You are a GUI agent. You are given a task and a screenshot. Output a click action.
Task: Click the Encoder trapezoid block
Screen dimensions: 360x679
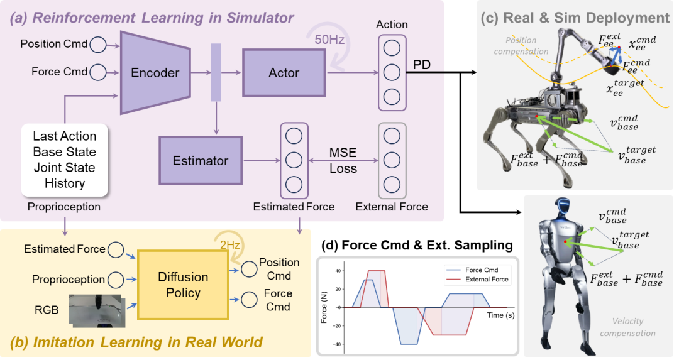(x=155, y=73)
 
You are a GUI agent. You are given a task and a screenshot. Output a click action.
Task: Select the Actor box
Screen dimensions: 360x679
(x=284, y=73)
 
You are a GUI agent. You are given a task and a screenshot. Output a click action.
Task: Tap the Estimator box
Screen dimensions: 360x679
(x=201, y=161)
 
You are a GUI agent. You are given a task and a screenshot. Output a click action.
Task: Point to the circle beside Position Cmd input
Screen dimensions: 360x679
(x=98, y=45)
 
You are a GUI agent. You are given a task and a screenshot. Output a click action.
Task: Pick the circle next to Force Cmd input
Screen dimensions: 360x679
(x=98, y=72)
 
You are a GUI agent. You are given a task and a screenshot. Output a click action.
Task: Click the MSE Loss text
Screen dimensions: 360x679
(x=343, y=160)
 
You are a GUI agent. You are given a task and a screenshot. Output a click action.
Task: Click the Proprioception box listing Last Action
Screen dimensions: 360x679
(x=65, y=160)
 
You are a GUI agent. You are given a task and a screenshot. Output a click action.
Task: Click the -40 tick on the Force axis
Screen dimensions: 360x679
(x=339, y=344)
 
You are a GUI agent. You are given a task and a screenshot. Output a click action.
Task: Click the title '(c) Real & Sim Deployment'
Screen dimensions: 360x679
(x=575, y=18)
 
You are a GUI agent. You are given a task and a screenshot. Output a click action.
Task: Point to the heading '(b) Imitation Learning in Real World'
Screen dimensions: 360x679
(x=136, y=342)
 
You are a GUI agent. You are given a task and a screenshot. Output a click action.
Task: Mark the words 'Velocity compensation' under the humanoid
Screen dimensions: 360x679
(x=627, y=327)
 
